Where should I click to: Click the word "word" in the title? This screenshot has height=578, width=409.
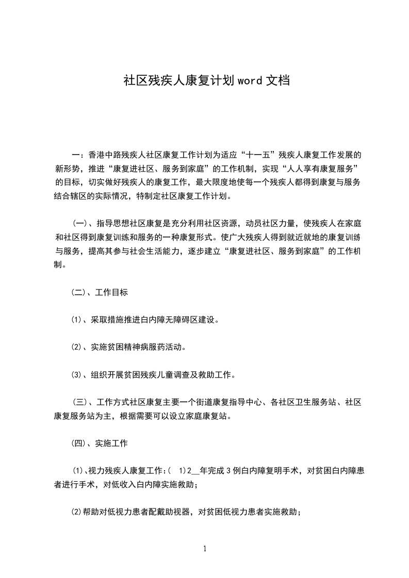(250, 81)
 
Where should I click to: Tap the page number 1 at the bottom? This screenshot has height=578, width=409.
(205, 549)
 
